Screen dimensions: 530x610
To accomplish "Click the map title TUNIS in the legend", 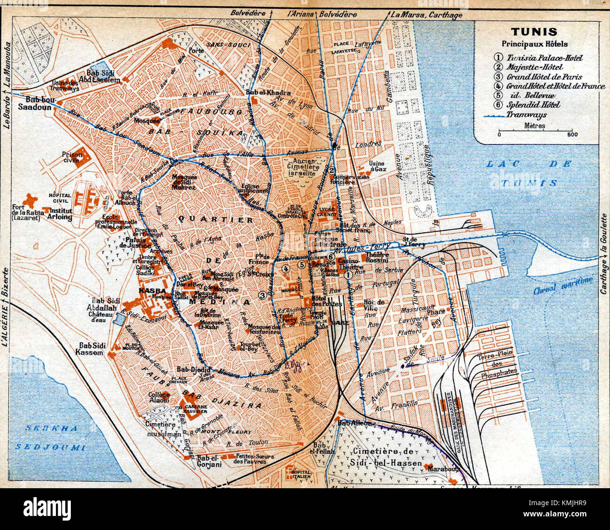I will pyautogui.click(x=534, y=32).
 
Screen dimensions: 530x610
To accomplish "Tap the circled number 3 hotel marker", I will pyautogui.click(x=262, y=295).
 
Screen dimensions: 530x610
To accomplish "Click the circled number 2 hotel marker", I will pyautogui.click(x=332, y=171).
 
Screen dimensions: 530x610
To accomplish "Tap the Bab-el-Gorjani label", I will pyautogui.click(x=209, y=458).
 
